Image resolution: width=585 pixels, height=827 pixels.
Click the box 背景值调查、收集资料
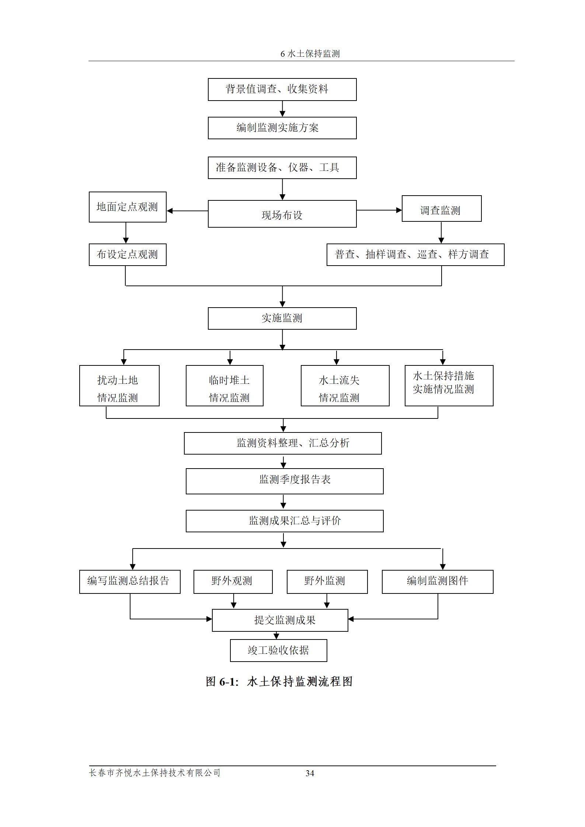(x=282, y=89)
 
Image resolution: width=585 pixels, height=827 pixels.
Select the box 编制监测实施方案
(x=282, y=128)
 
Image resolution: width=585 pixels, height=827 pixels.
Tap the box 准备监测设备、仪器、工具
(x=282, y=168)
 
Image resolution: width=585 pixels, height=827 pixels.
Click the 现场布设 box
(x=282, y=214)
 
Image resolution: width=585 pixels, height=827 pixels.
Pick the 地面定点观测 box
(x=128, y=207)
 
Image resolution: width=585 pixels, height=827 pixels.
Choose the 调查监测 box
(x=441, y=208)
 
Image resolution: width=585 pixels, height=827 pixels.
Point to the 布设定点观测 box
(x=128, y=254)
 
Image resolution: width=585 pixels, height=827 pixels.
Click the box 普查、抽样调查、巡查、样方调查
(x=415, y=254)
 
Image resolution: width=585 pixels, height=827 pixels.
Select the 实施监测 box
(x=282, y=318)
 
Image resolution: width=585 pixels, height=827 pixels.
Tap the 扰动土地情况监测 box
(x=119, y=385)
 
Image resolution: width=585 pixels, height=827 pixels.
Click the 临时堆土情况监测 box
(x=224, y=385)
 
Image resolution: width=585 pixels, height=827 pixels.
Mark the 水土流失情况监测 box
(x=345, y=385)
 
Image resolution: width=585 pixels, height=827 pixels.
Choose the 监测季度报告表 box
(x=284, y=481)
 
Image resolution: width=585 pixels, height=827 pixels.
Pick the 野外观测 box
(x=233, y=582)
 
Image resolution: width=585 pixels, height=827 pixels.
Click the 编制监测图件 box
(x=437, y=582)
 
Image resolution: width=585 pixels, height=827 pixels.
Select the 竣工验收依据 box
(x=278, y=650)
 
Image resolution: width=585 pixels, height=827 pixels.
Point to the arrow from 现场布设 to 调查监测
(x=379, y=210)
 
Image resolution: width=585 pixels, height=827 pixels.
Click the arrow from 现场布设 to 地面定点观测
(x=187, y=211)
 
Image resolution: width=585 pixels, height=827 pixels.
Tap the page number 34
(x=310, y=773)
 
